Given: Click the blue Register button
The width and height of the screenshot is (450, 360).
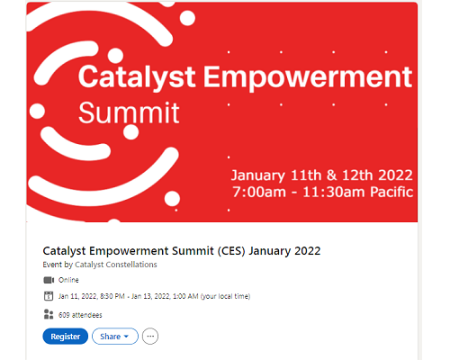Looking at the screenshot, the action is tap(66, 337).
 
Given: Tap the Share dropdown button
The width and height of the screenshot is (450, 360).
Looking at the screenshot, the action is tap(115, 337).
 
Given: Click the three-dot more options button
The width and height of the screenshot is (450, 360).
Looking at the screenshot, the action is tap(150, 337).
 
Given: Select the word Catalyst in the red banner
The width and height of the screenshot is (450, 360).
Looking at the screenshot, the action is tap(137, 77).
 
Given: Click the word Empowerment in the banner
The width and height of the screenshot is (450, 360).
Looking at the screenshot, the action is tap(308, 77).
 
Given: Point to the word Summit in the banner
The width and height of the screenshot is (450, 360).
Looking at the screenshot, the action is tap(129, 112).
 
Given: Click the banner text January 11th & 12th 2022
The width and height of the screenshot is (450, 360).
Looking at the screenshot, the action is tap(322, 175).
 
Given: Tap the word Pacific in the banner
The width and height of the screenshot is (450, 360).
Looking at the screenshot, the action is tap(391, 192).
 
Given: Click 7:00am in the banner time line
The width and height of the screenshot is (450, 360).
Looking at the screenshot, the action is tap(259, 192).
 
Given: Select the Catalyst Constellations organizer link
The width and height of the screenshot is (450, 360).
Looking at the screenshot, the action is tap(116, 265).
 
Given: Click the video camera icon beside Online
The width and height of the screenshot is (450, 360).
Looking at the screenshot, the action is tap(49, 280).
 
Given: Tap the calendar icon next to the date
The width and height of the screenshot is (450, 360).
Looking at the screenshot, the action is tap(49, 296).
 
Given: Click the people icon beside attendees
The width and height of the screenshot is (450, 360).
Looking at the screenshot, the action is tap(49, 314).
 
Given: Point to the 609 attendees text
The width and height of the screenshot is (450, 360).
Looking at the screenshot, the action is tap(80, 315).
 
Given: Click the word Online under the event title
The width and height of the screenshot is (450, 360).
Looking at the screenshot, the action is tap(68, 280).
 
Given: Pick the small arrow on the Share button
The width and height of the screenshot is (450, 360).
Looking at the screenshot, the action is tap(126, 337).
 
